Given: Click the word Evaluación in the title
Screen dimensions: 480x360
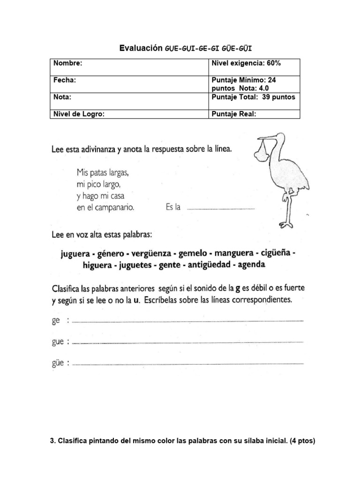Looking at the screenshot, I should [140, 48].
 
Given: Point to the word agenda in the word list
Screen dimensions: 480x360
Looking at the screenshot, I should [251, 265].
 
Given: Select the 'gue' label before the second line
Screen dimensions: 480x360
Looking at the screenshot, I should [58, 342].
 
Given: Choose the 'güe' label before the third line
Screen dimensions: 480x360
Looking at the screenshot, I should [58, 363].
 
